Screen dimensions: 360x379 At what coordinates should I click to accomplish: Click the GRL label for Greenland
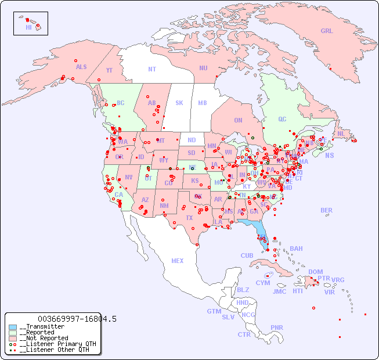point(327,31)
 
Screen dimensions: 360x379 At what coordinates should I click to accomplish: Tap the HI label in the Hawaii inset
point(28,27)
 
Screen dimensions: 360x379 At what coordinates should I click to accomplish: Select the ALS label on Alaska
point(81,67)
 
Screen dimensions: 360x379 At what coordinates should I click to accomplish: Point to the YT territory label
point(109,70)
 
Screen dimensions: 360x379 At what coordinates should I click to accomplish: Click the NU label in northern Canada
point(203,68)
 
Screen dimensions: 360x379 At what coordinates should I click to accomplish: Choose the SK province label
point(179,103)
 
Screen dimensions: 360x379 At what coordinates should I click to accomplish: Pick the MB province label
point(202,103)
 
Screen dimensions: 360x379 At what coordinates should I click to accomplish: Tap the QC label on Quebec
point(282,120)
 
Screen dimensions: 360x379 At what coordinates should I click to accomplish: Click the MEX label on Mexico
point(178,261)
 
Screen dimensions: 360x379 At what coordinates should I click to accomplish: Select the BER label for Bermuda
point(327,210)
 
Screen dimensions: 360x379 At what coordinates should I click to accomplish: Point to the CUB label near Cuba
point(247,255)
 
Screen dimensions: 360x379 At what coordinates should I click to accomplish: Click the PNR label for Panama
point(277,327)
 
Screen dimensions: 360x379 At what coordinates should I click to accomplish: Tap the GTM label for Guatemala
point(214,311)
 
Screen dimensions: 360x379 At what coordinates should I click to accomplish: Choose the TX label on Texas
point(189,218)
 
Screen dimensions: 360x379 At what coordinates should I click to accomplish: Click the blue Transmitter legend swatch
point(13,327)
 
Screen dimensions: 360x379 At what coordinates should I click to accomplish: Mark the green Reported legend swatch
point(13,333)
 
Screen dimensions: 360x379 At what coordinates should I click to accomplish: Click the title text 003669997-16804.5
point(77,319)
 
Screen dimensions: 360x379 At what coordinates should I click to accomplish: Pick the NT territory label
point(152,69)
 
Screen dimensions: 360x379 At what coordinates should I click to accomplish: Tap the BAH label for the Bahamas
point(296,249)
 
